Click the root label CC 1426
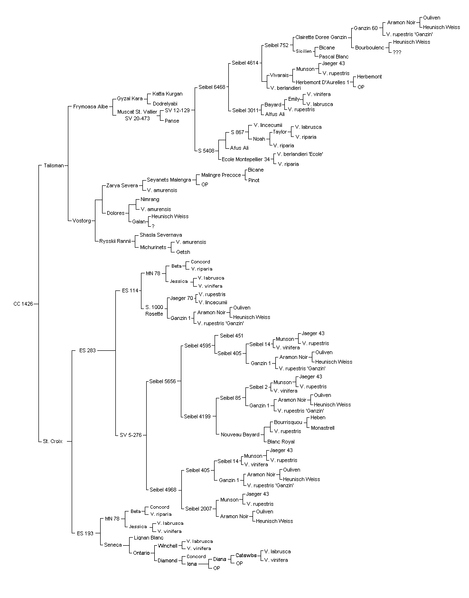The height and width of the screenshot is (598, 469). [x=23, y=304]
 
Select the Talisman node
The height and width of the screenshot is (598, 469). [x=54, y=165]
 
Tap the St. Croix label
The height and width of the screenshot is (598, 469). [x=53, y=441]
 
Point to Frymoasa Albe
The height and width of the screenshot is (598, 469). [x=90, y=106]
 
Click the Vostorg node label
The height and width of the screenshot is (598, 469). [x=82, y=221]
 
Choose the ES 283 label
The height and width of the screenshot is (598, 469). [x=87, y=350]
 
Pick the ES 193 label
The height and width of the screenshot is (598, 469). [x=85, y=533]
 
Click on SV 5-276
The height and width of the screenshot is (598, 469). [x=131, y=435]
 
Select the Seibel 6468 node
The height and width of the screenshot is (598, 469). [x=212, y=87]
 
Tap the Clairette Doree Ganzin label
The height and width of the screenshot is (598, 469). [x=321, y=37]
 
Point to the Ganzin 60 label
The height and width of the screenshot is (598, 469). [x=366, y=28]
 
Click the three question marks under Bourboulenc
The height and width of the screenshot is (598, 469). [x=397, y=52]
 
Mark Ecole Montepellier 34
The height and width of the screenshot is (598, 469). [x=246, y=159]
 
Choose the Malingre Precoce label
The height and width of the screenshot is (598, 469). [x=221, y=175]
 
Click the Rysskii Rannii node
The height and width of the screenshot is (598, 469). [x=115, y=241]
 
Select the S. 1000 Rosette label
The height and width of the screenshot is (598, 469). [x=154, y=310]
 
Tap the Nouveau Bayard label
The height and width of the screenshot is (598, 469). [x=240, y=434]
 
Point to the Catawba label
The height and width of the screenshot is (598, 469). [x=246, y=555]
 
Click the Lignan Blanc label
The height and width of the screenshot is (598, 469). [x=149, y=538]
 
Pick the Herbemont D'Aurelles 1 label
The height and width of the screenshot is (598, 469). [x=322, y=82]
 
